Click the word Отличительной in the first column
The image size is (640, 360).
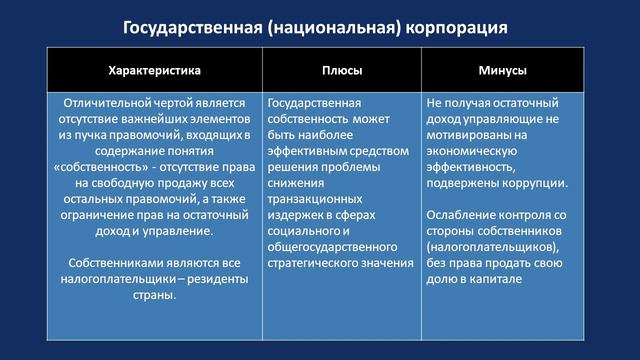[107, 102]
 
